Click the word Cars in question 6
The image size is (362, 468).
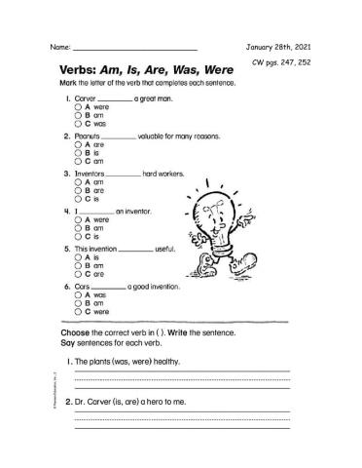tap(84, 287)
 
